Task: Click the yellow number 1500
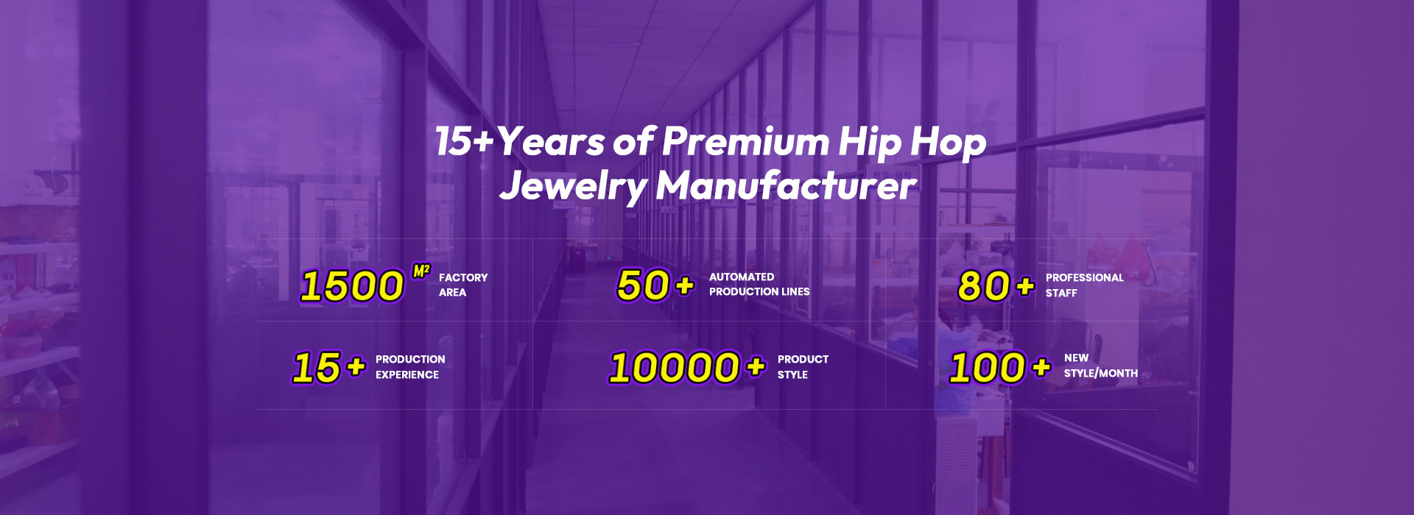pyautogui.click(x=353, y=285)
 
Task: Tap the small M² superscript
pyautogui.click(x=421, y=271)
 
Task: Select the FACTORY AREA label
pyautogui.click(x=463, y=285)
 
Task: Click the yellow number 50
pyautogui.click(x=644, y=285)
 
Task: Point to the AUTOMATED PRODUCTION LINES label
pyautogui.click(x=759, y=284)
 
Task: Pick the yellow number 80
pyautogui.click(x=984, y=286)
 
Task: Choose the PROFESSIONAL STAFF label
pyautogui.click(x=1085, y=285)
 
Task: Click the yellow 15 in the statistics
pyautogui.click(x=317, y=368)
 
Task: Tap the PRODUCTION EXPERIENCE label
pyautogui.click(x=410, y=367)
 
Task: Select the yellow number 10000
pyautogui.click(x=675, y=368)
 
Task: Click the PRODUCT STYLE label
pyautogui.click(x=803, y=367)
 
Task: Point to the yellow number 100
pyautogui.click(x=988, y=368)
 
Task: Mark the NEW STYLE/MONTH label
pyautogui.click(x=1101, y=366)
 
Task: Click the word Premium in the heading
pyautogui.click(x=745, y=142)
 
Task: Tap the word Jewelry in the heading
pyautogui.click(x=574, y=186)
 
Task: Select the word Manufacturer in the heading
pyautogui.click(x=787, y=185)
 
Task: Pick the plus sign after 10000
pyautogui.click(x=756, y=366)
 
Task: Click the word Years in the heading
pyautogui.click(x=551, y=141)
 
